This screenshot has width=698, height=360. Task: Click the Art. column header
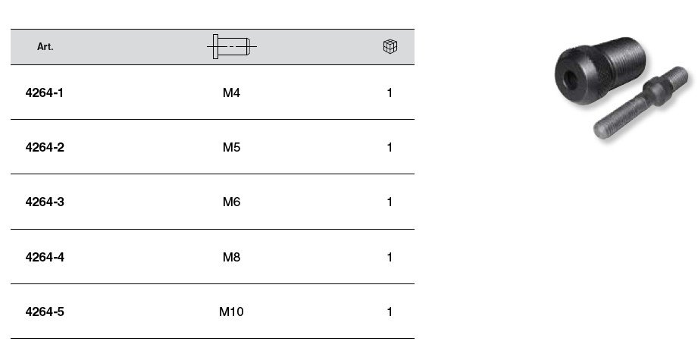click(45, 47)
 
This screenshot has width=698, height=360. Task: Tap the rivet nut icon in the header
click(231, 46)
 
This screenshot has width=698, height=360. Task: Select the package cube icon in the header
click(390, 46)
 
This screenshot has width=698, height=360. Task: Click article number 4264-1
click(45, 92)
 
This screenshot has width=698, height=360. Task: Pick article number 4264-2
click(45, 147)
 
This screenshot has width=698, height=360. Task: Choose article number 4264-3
click(45, 202)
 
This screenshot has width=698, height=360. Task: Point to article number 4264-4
click(45, 257)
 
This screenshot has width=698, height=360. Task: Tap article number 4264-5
click(45, 312)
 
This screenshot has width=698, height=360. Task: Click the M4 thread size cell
click(231, 92)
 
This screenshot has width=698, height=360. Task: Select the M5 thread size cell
click(231, 147)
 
